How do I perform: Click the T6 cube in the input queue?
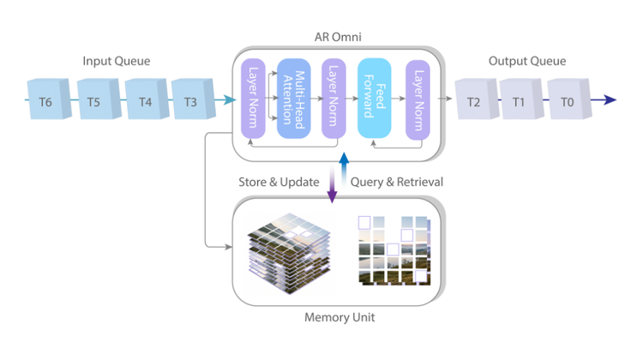(45, 102)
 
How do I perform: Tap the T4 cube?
(143, 102)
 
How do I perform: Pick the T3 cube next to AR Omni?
(190, 102)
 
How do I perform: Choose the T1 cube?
(519, 101)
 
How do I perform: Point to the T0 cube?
(565, 101)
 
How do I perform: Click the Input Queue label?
(117, 61)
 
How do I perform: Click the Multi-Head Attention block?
(295, 99)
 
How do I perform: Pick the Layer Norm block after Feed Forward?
(417, 99)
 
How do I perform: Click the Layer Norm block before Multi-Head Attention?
(253, 99)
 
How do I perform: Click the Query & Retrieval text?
(395, 182)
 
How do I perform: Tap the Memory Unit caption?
(340, 317)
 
